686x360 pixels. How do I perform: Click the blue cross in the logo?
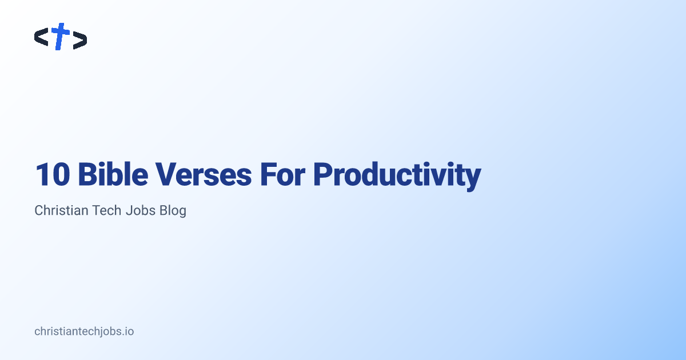click(61, 36)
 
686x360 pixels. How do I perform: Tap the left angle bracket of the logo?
click(41, 37)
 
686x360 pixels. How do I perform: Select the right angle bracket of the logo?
click(80, 40)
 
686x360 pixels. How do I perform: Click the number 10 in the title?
click(53, 174)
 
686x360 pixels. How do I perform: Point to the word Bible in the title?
click(113, 174)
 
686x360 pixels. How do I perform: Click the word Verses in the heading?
click(204, 174)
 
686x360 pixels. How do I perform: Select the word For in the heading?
click(282, 174)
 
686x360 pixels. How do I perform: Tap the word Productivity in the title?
click(397, 176)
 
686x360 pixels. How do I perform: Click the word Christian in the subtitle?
click(61, 210)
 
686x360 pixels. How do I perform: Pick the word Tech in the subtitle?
click(106, 210)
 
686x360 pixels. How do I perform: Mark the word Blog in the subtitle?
click(173, 211)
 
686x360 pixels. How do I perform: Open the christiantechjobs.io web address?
click(84, 331)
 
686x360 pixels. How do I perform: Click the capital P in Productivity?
click(323, 174)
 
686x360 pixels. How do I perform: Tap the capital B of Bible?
click(88, 174)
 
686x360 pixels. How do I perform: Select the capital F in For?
click(268, 174)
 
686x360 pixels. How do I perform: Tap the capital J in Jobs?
click(129, 210)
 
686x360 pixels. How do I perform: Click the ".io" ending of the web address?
click(127, 331)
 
